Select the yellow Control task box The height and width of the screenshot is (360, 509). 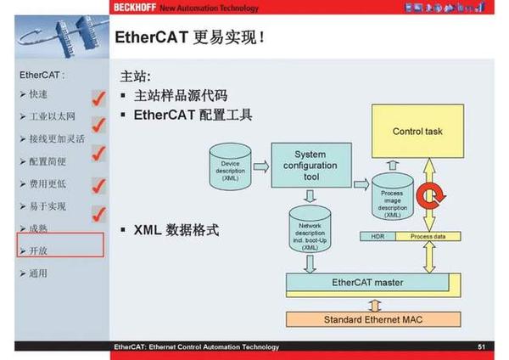coord(417,132)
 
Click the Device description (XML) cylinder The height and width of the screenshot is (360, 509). coord(230,167)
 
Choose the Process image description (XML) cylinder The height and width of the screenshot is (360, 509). coord(392,202)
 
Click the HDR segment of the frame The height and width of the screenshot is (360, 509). coord(378,235)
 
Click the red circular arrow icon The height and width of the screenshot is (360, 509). coord(430,198)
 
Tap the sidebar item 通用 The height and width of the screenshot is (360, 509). coord(38,273)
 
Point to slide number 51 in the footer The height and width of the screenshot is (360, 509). coord(481,346)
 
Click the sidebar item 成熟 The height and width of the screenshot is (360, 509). coord(38,228)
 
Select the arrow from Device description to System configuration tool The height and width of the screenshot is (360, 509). coord(260,166)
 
